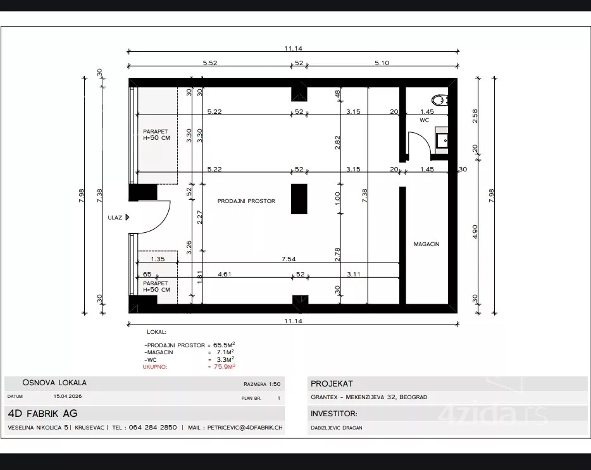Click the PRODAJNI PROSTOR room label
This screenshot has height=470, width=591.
pos(246,201)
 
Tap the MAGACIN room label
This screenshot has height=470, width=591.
pos(426,244)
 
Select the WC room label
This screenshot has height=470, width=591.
pos(424,120)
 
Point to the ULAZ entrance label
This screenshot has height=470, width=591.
pos(115,218)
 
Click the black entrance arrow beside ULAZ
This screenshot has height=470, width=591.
pos(127,217)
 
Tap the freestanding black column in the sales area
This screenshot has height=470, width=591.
pos(299,199)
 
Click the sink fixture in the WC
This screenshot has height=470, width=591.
pos(442,140)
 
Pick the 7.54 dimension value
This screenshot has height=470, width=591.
pos(289,259)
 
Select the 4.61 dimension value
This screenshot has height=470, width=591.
pos(225,274)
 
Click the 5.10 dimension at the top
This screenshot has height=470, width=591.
pos(382,63)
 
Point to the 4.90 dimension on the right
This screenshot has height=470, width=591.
pos(475,232)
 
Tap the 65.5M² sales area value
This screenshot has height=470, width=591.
pos(224,345)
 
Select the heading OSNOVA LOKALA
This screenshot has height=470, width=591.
pos(54,383)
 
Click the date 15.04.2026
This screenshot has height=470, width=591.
pos(68,396)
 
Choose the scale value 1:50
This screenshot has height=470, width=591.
pos(275,384)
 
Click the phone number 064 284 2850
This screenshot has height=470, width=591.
pos(152,428)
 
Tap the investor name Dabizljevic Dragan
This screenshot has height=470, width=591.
pos(337,428)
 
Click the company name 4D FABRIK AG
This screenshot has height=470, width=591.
pos(42,414)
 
